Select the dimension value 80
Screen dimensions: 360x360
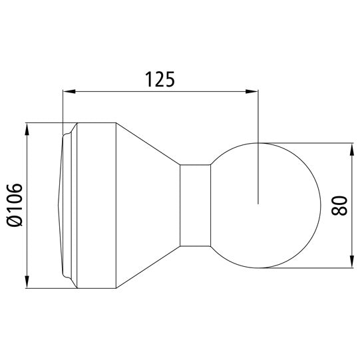pos(339,206)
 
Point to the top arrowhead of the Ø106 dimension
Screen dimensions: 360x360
pos(28,128)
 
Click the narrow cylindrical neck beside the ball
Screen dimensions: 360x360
pos(196,206)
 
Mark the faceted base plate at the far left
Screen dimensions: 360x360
pos(65,206)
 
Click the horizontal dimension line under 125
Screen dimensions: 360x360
pos(160,92)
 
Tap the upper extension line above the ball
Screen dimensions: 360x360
pos(306,142)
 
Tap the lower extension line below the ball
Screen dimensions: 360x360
pos(306,270)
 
